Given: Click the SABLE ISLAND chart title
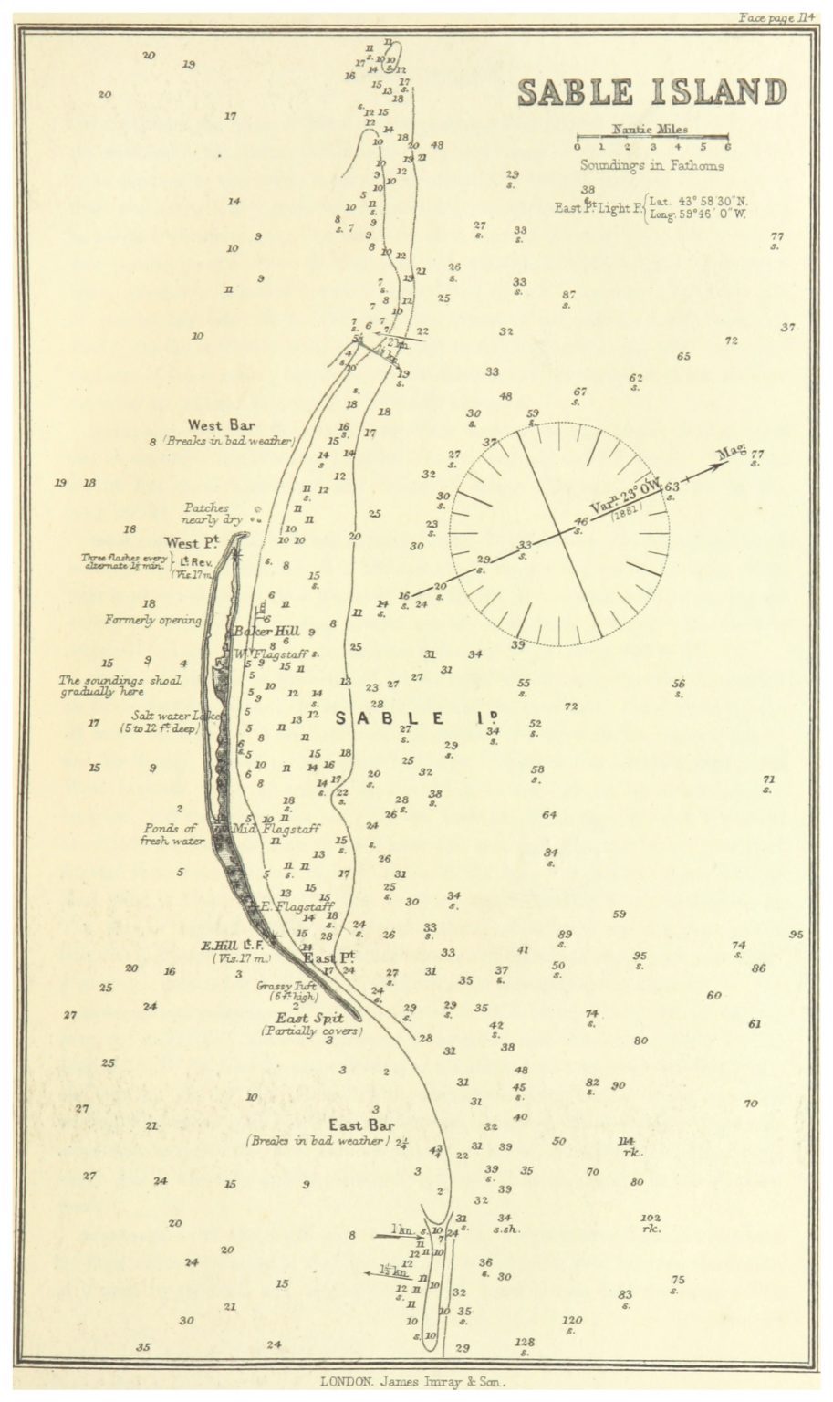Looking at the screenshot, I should [x=651, y=92].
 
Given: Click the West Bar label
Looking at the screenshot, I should [x=221, y=424].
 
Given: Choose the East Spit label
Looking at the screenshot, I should [x=310, y=1018].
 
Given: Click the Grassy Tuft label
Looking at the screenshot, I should [x=287, y=986].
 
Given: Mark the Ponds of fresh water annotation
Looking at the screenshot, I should [x=172, y=834].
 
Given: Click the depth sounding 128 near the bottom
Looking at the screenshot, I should [x=524, y=1342].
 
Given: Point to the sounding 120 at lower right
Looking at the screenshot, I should [x=571, y=1320].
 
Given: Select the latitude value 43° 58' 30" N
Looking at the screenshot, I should [x=698, y=201].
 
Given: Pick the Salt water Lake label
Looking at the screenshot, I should [x=176, y=716].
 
